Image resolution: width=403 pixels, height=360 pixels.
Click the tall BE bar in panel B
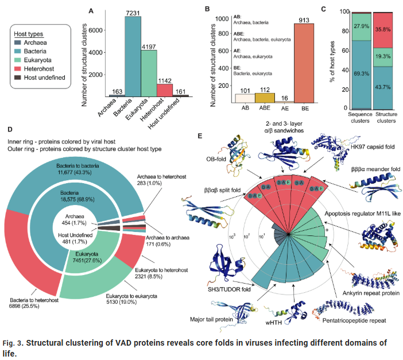pyautogui.click(x=312, y=63)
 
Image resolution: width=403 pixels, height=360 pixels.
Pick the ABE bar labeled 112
pyautogui.click(x=265, y=98)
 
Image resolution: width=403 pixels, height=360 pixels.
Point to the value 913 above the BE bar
pyautogui.click(x=312, y=18)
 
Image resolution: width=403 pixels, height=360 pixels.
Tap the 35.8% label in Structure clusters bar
pyautogui.click(x=382, y=29)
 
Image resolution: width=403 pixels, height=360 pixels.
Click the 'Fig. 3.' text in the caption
pyautogui.click(x=14, y=343)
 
